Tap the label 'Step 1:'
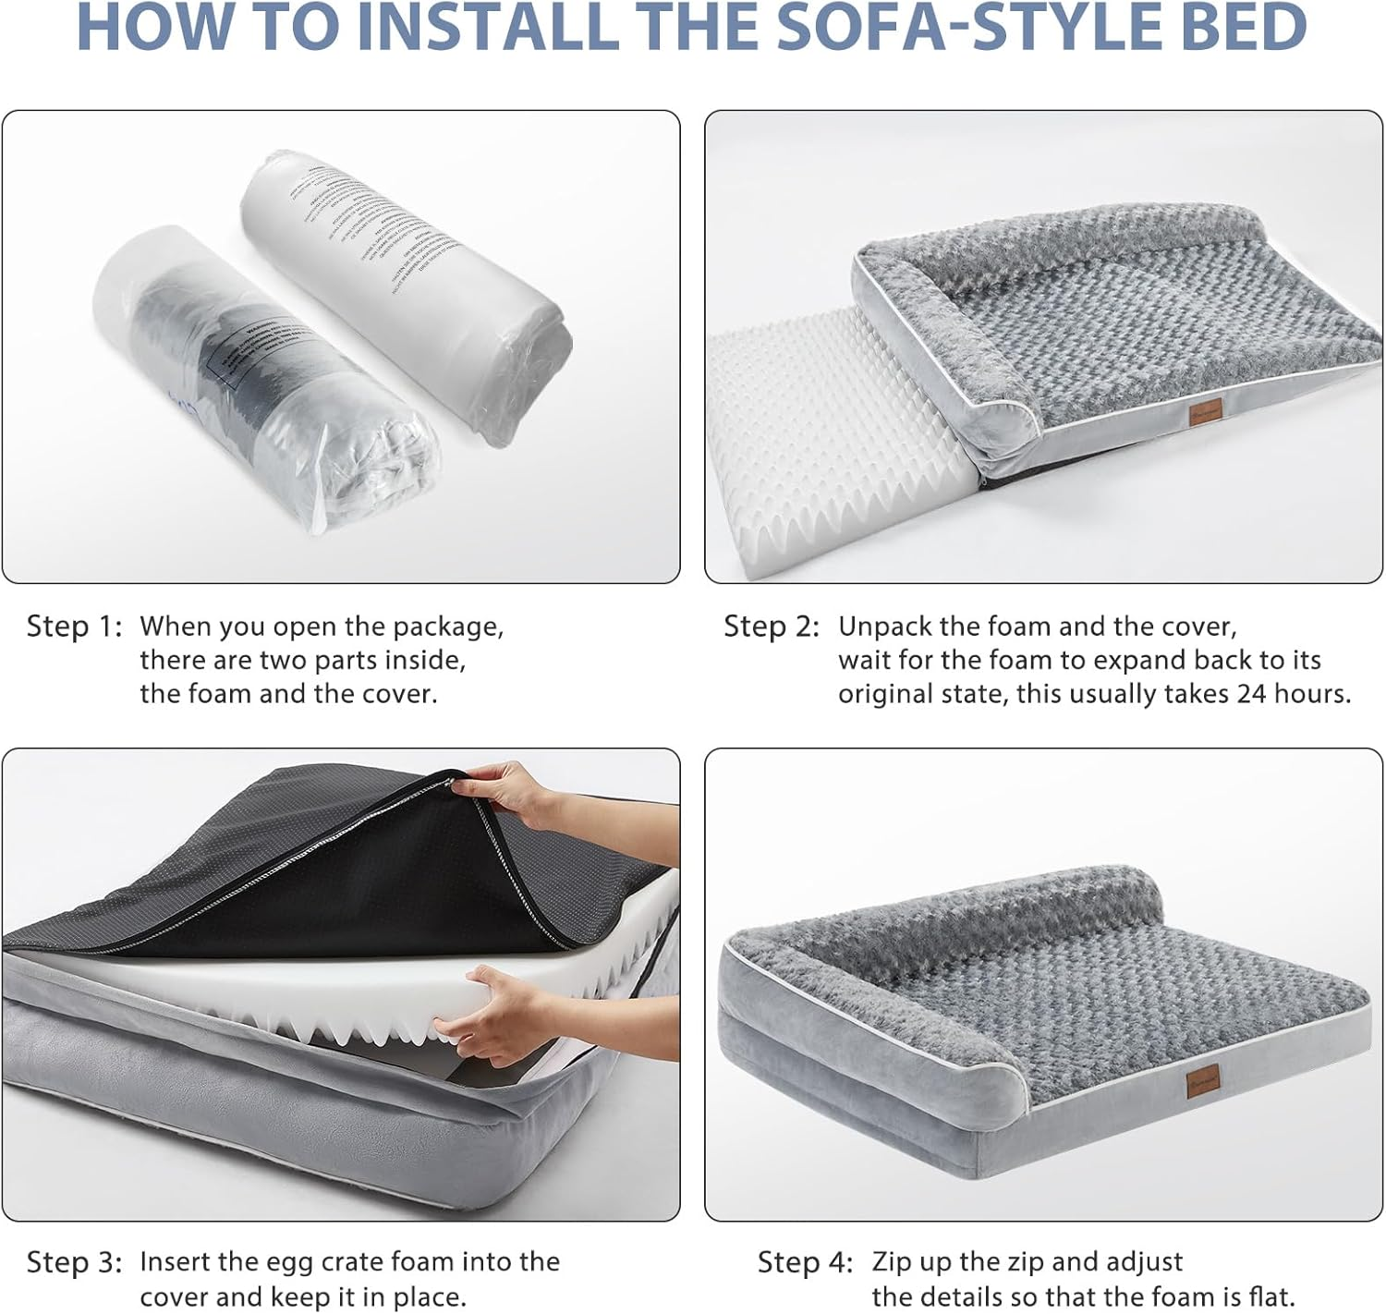click(x=74, y=627)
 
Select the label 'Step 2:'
click(x=772, y=627)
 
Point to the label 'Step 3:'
click(x=74, y=1262)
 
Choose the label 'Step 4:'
click(x=805, y=1262)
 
